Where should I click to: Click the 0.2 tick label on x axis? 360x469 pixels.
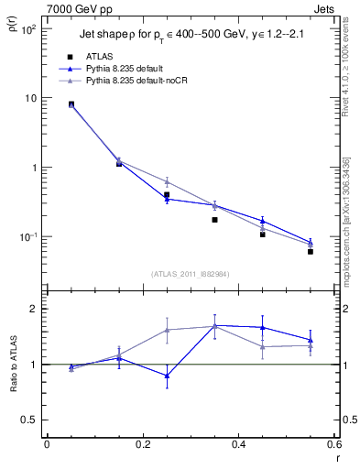tap(142, 446)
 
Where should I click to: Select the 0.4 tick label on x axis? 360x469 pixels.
tap(238, 446)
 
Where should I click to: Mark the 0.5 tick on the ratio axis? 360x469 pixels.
tap(28, 420)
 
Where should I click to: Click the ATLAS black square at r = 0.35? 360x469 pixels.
tap(214, 220)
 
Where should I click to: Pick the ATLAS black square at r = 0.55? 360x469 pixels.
tap(311, 251)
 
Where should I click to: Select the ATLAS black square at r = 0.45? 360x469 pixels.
tap(262, 234)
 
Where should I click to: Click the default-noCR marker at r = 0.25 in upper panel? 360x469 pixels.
tap(167, 181)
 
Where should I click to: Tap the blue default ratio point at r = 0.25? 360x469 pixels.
tap(167, 376)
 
